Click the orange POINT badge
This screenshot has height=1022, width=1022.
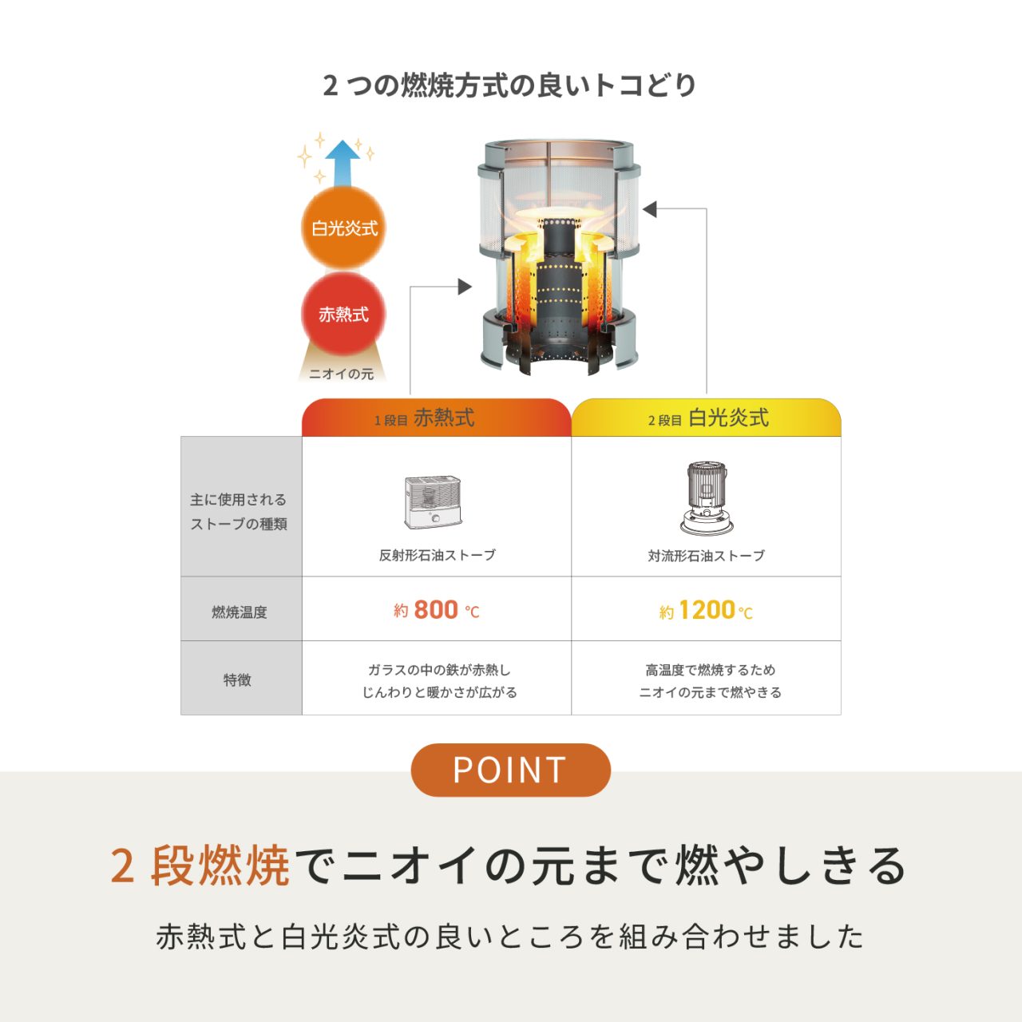(x=511, y=770)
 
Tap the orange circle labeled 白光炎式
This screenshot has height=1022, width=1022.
(x=343, y=228)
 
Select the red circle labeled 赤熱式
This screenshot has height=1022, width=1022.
(x=343, y=314)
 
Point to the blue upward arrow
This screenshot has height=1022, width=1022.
(x=342, y=163)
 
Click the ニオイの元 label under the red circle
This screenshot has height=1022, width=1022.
(x=342, y=374)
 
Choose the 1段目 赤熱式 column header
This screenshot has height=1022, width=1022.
(x=437, y=418)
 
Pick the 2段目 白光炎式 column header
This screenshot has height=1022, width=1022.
(x=707, y=418)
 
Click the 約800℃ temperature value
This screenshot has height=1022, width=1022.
(x=437, y=610)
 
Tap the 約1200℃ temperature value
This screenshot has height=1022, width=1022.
(x=706, y=611)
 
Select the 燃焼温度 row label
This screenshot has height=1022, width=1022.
(x=240, y=612)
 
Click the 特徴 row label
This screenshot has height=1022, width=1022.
(x=237, y=680)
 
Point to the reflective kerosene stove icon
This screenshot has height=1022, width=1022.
(x=433, y=501)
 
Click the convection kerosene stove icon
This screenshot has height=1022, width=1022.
(x=707, y=497)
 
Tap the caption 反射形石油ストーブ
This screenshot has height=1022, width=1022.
(x=437, y=555)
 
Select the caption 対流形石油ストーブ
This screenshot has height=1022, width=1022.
(x=707, y=556)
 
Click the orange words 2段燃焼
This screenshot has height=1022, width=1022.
(x=200, y=866)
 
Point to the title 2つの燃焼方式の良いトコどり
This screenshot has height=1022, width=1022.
(x=509, y=85)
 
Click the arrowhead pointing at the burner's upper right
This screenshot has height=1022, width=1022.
(x=650, y=209)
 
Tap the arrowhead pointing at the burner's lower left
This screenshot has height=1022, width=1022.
(x=465, y=287)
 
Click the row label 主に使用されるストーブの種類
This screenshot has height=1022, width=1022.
(x=239, y=511)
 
